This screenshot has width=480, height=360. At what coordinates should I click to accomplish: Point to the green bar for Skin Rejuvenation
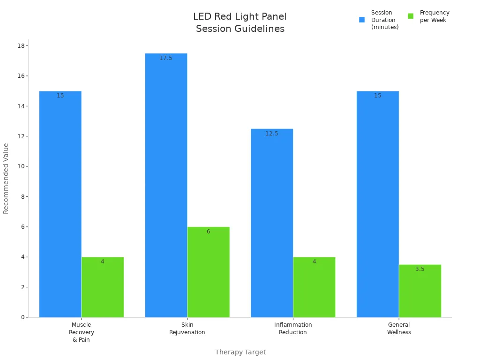click(208, 272)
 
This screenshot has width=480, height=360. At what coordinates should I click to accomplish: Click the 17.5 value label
click(166, 58)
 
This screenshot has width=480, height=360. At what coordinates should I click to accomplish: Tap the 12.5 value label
click(272, 134)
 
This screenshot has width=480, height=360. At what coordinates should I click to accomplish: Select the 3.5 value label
click(420, 269)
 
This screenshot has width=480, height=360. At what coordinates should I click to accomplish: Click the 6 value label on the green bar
click(208, 232)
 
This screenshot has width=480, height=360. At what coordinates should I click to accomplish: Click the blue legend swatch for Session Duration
click(362, 20)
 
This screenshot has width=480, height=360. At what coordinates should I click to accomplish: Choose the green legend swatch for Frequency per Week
click(411, 16)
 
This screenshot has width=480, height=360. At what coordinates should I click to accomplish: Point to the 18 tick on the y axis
click(21, 46)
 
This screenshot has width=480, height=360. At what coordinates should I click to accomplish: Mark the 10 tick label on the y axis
click(21, 166)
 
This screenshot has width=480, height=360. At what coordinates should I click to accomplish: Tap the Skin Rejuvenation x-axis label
click(187, 329)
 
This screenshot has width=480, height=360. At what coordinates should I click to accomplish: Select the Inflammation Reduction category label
click(293, 329)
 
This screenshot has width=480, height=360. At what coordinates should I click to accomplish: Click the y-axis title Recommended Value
click(6, 178)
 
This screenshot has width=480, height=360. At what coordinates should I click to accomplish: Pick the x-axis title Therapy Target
click(240, 352)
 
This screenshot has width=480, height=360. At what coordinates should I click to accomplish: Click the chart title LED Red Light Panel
click(240, 17)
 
